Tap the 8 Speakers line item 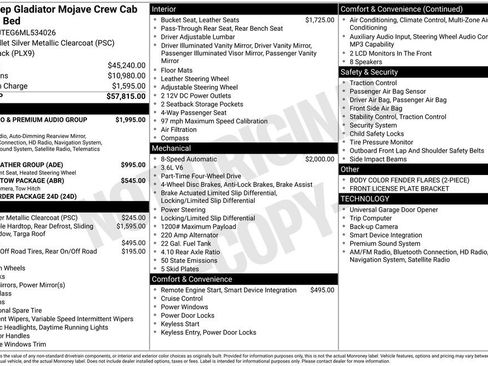[x=369, y=61]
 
